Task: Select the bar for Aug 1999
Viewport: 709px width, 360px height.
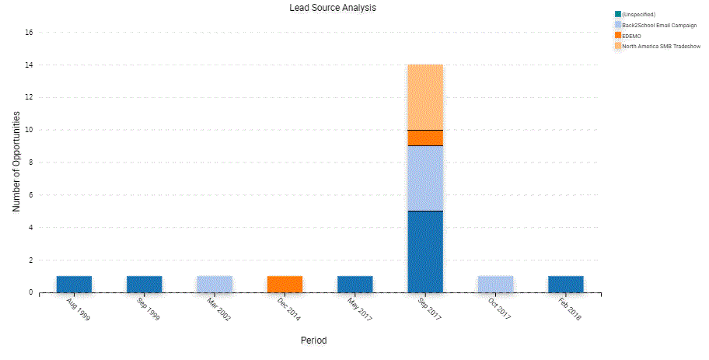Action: (x=75, y=284)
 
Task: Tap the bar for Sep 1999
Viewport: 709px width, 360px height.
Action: (x=145, y=284)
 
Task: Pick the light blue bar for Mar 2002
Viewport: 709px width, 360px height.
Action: (x=215, y=284)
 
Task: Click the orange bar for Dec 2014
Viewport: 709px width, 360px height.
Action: (x=285, y=284)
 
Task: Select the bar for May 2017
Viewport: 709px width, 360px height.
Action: (x=354, y=284)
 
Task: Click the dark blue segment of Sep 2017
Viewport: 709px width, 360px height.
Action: (x=425, y=251)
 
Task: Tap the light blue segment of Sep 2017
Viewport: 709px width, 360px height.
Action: (x=425, y=178)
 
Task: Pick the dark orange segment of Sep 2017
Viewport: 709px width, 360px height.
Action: (x=425, y=138)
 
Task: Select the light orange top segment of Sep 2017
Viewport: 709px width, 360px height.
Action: (x=425, y=96)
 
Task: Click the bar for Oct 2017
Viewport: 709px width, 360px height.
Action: (x=495, y=284)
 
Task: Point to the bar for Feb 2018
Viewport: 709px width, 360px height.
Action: (x=565, y=284)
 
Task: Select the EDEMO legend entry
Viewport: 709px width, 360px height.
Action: (x=630, y=36)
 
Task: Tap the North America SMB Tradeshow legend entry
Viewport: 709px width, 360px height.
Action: (x=661, y=47)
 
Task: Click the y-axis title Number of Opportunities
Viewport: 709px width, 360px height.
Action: (x=16, y=162)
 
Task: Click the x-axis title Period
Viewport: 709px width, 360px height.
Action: (x=313, y=341)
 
